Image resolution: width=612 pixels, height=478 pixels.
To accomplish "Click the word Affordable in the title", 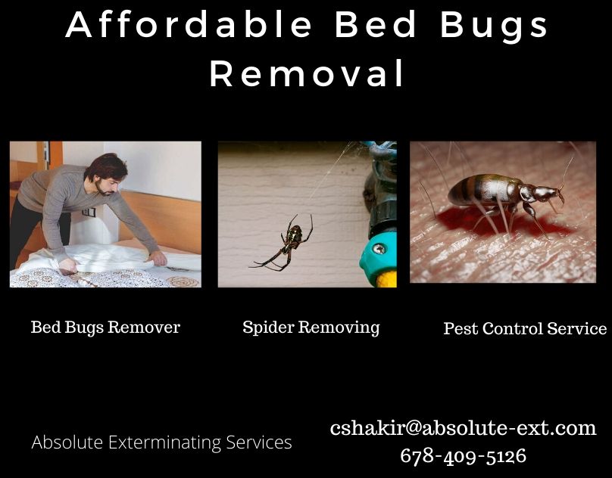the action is [x=189, y=24].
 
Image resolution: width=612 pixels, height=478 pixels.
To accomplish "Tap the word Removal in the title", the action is [x=307, y=73].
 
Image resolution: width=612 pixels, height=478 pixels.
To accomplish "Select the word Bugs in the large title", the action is [x=494, y=26].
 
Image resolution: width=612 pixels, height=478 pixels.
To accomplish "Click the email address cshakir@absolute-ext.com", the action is [x=463, y=428].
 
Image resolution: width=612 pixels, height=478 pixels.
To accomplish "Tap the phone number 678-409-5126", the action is [x=463, y=455].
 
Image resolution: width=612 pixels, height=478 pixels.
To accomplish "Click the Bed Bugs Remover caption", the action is [x=105, y=327].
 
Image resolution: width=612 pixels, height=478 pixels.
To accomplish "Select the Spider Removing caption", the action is [x=311, y=327].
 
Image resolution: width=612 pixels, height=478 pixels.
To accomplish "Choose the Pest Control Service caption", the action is [x=525, y=328].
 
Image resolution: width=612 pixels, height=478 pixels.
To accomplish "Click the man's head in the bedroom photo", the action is [x=107, y=172].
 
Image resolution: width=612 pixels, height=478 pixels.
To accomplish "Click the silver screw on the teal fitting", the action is [x=378, y=248].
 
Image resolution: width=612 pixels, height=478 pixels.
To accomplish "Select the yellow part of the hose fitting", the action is [x=387, y=278].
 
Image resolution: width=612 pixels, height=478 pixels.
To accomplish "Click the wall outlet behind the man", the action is [x=89, y=212].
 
